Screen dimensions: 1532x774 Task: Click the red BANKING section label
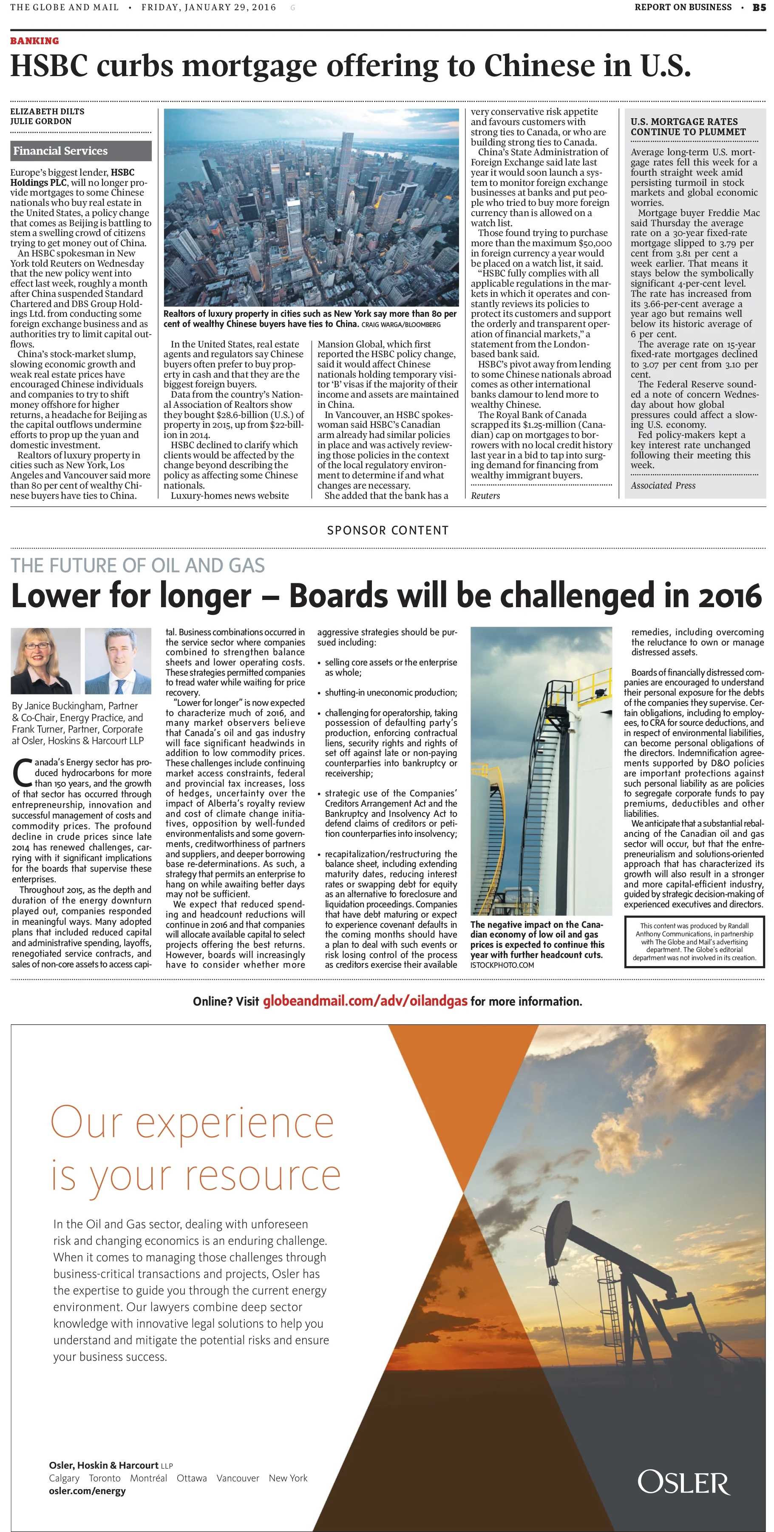tap(34, 41)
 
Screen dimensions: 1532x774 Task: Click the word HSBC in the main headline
tap(49, 66)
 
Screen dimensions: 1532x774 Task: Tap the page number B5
tap(759, 8)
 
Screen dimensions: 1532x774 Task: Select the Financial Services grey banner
tap(80, 151)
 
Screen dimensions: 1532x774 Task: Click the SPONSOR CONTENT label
tap(388, 530)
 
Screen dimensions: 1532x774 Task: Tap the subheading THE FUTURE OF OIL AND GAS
tap(137, 565)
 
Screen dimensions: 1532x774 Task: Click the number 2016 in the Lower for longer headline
tap(729, 596)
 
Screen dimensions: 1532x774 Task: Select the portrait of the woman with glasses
tap(45, 661)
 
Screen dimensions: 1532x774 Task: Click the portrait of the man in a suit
tap(118, 661)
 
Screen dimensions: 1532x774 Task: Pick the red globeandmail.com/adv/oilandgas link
tap(365, 1001)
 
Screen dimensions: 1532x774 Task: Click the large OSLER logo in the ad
tap(683, 1482)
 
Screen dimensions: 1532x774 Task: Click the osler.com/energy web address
tap(88, 1490)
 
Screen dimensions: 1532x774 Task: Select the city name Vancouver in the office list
tap(237, 1478)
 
